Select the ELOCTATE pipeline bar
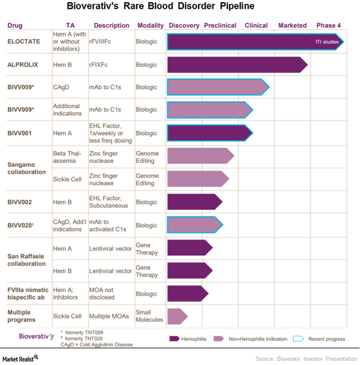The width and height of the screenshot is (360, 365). (244, 42)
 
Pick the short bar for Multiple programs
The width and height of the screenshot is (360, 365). (176, 316)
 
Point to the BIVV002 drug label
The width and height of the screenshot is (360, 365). (19, 202)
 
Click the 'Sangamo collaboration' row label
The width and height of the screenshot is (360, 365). (26, 168)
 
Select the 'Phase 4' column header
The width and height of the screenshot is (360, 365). (329, 26)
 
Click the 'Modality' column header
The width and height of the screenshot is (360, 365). (150, 26)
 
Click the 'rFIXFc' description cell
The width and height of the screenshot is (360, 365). (100, 65)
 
